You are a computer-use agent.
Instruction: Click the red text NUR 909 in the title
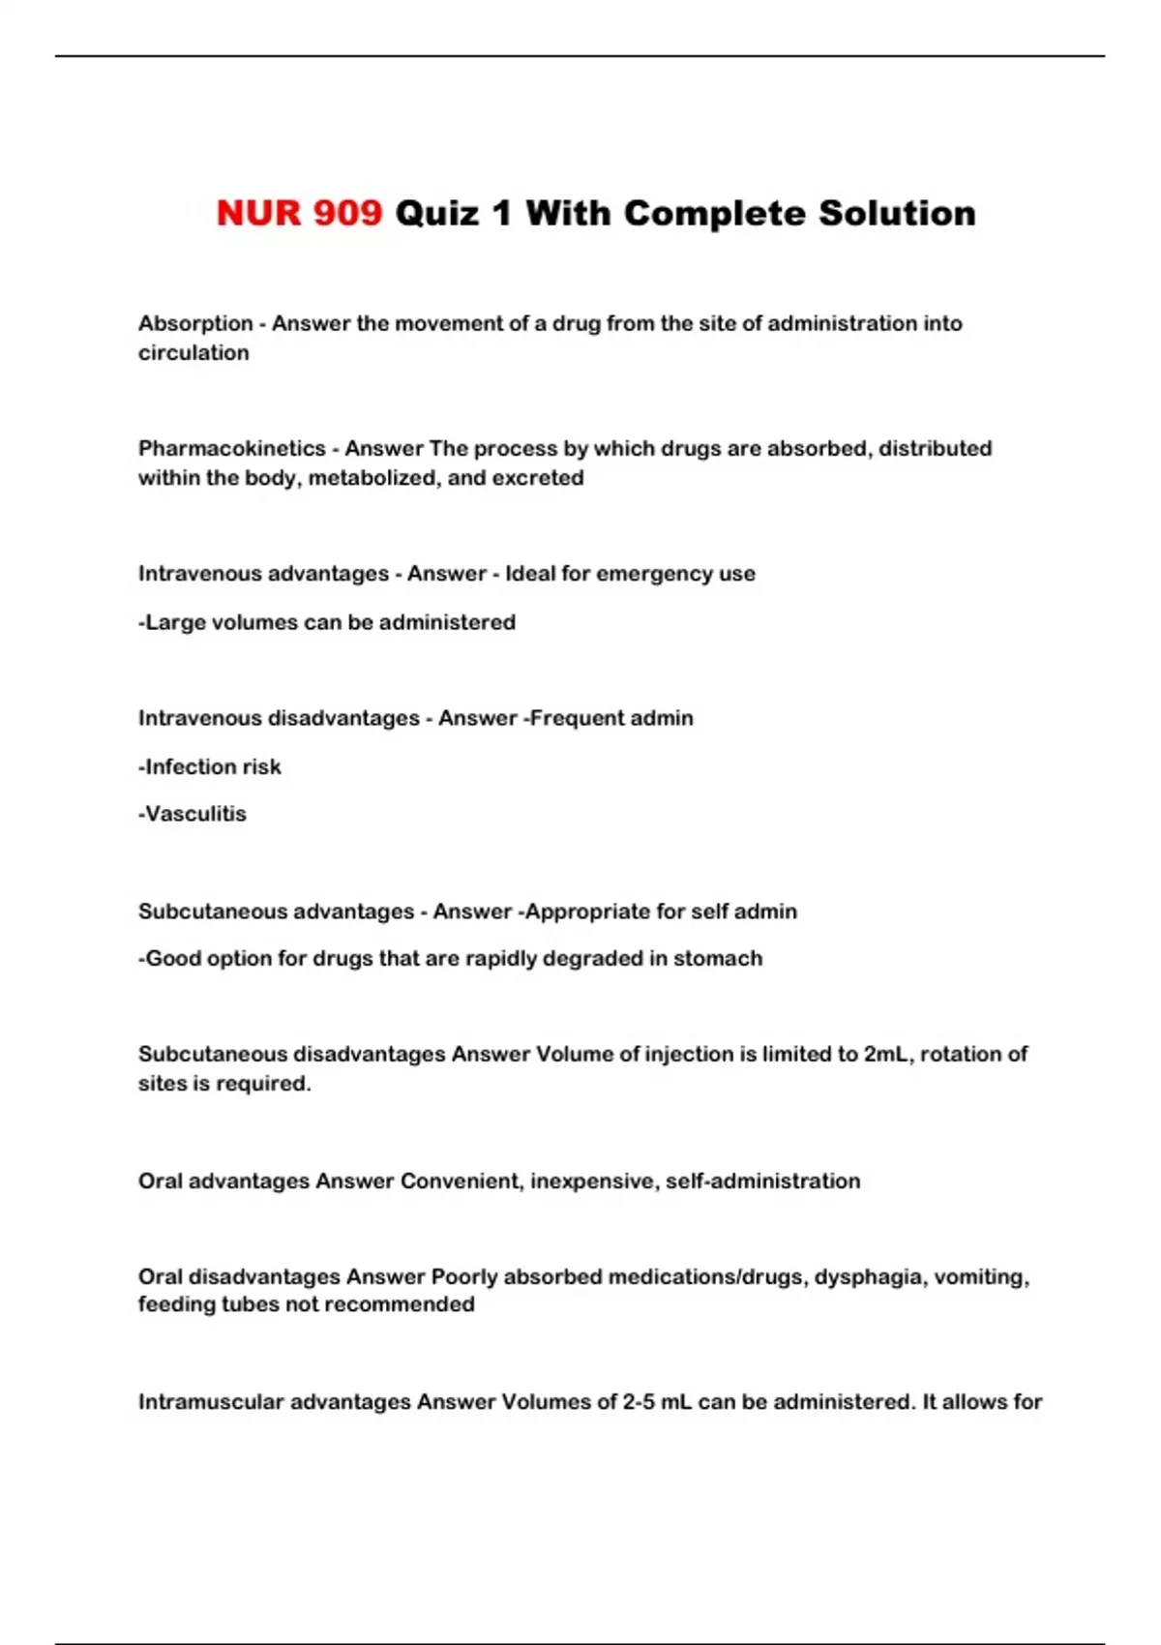click(299, 214)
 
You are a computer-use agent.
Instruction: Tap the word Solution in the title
click(897, 214)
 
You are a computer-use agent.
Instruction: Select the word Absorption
click(195, 323)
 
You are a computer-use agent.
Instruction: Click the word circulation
click(193, 353)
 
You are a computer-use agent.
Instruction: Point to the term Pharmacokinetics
click(232, 448)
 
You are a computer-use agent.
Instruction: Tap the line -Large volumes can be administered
click(327, 622)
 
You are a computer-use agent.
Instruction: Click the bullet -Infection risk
click(210, 767)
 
